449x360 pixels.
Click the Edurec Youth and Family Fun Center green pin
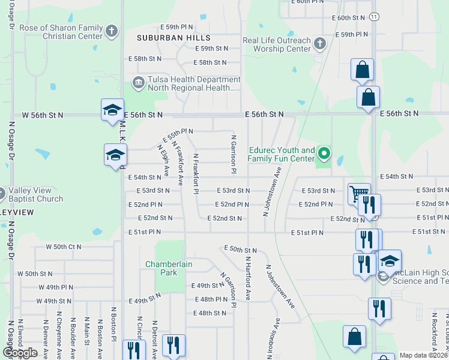(324, 154)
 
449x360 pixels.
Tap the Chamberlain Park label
(161, 268)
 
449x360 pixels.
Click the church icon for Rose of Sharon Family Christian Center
(112, 31)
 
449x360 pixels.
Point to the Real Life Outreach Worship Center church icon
(319, 44)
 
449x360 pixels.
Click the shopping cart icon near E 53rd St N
(358, 193)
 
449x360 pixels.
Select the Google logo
(20, 352)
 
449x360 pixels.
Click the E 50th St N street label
(240, 249)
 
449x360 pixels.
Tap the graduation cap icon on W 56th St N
(112, 110)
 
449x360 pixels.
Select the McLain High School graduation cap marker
(390, 261)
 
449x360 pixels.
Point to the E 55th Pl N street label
(178, 131)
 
